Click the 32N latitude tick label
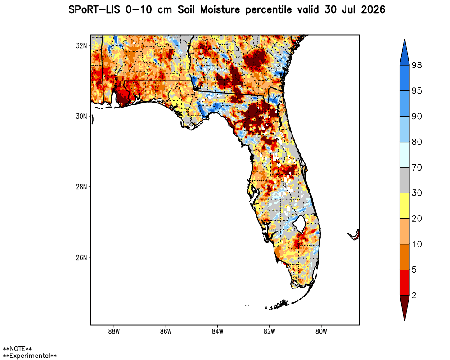[x=81, y=45]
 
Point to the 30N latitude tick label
[x=81, y=116]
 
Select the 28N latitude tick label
[x=81, y=187]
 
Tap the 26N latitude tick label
[x=81, y=257]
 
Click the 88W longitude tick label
[x=114, y=332]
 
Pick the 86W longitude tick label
[x=166, y=332]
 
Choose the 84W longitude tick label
[x=217, y=332]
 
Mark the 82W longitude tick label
[x=270, y=332]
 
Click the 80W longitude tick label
[x=321, y=332]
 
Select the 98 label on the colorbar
[x=417, y=65]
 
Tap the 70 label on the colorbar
[x=417, y=167]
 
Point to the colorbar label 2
[x=414, y=295]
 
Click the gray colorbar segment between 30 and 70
[x=405, y=180]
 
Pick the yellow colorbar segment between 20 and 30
[x=405, y=206]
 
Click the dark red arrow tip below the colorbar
[x=405, y=320]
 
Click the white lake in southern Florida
[x=300, y=224]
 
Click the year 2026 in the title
[x=373, y=10]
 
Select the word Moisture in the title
[x=220, y=10]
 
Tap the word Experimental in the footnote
[x=30, y=355]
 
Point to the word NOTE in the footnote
[x=18, y=349]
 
